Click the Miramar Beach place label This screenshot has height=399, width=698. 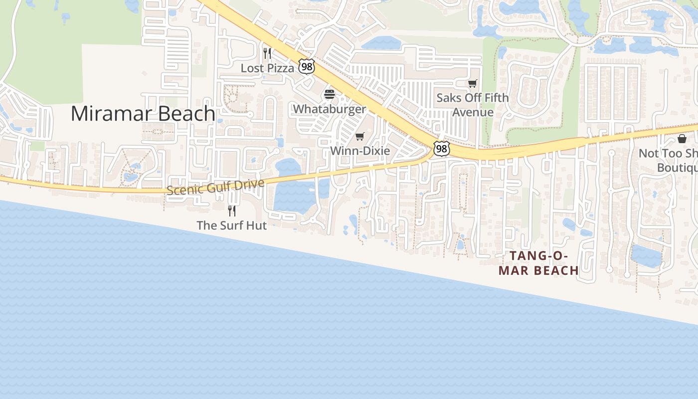coord(143,114)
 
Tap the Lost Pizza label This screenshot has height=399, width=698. coord(267,68)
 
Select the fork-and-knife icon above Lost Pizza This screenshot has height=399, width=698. coord(267,53)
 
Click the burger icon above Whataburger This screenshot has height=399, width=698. coord(329,94)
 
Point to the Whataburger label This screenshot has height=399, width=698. coord(329,109)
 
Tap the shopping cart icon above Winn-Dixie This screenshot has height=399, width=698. coord(359,136)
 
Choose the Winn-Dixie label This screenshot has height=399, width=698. coord(359,151)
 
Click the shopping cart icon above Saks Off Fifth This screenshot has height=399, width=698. coord(472,83)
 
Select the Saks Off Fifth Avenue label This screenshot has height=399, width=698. coord(472,105)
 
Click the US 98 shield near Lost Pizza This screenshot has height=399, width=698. coord(306,66)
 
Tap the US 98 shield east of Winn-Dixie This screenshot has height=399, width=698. coord(441,149)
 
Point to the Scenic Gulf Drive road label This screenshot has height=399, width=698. coord(215,187)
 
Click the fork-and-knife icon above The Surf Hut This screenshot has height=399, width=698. coord(231,210)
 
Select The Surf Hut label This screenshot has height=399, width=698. coord(231,225)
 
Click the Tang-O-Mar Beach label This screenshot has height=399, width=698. coord(538,263)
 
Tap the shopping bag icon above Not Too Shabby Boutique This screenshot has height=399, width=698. coord(682,139)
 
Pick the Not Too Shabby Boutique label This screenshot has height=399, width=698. coord(671,161)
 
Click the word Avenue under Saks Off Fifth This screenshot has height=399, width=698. coord(473,112)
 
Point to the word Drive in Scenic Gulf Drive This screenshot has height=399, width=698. coord(247,184)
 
